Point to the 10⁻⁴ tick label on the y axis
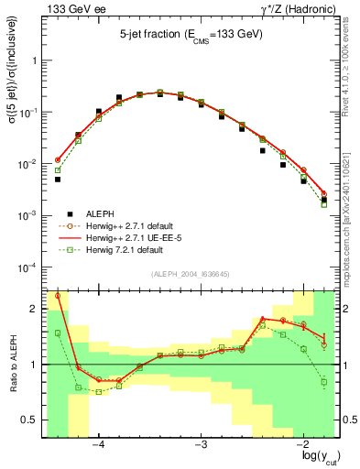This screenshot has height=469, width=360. click(x=29, y=267)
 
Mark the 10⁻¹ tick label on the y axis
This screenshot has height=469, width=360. click(x=29, y=113)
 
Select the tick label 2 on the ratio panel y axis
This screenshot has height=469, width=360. click(x=34, y=310)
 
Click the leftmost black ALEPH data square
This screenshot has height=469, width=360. click(x=57, y=180)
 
